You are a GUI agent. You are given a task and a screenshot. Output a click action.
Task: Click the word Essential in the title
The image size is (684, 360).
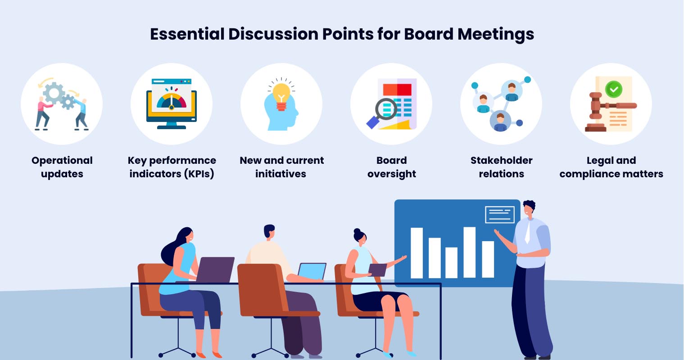tap(187, 34)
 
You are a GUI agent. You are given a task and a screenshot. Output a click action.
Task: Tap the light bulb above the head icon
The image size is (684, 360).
tap(281, 94)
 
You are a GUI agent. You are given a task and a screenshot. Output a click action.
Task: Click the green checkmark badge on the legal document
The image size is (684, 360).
tap(613, 89)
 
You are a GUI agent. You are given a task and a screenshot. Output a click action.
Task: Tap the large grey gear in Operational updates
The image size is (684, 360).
tap(54, 93)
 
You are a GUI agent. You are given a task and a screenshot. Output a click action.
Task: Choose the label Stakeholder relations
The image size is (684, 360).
tap(501, 167)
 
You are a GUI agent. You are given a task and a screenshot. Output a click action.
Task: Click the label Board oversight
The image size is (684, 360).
tap(391, 167)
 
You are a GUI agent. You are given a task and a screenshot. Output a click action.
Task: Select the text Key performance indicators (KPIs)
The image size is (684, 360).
tap(172, 167)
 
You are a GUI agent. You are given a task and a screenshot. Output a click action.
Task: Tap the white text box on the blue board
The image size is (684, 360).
tap(499, 214)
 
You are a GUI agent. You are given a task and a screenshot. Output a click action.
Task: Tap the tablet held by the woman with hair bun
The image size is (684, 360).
tap(378, 270)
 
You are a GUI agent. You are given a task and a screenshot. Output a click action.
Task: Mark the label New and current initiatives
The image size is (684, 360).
tap(281, 167)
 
